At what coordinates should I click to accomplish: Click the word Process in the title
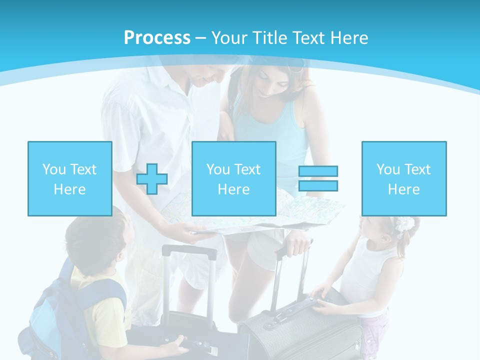(157, 37)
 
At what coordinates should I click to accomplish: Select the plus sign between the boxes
(152, 178)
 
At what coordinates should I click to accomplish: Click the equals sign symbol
(318, 178)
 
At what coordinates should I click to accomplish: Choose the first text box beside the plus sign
(69, 178)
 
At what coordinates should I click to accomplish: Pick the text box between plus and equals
(233, 178)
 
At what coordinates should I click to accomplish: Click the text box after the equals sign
(403, 178)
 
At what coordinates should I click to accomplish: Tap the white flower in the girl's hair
(404, 223)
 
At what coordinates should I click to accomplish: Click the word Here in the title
(349, 37)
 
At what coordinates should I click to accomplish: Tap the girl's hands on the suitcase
(320, 300)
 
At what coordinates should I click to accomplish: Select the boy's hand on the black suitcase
(177, 345)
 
